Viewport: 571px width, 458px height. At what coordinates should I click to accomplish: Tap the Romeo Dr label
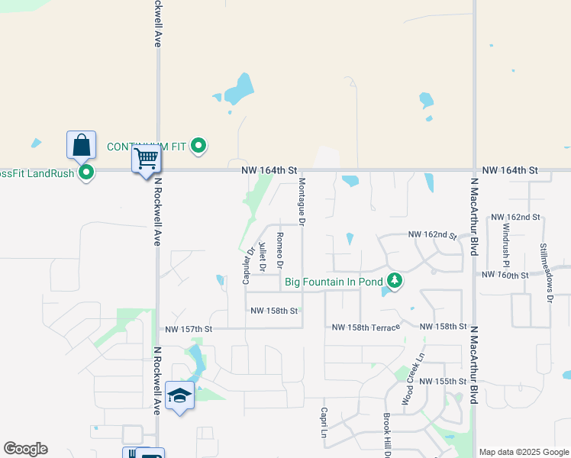click(280, 250)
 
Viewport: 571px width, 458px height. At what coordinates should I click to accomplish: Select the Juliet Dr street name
click(262, 257)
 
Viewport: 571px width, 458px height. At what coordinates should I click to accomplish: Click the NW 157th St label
click(189, 329)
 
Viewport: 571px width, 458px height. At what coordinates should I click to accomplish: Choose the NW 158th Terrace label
click(366, 327)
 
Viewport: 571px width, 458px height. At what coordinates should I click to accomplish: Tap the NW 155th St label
click(444, 381)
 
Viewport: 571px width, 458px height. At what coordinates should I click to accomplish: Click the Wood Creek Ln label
click(413, 379)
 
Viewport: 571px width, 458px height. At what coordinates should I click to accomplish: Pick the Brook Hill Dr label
click(387, 435)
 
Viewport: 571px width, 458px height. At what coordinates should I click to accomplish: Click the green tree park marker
click(394, 282)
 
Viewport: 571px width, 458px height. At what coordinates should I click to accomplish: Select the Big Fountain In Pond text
click(334, 282)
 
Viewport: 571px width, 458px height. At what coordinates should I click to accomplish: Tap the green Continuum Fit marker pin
click(199, 145)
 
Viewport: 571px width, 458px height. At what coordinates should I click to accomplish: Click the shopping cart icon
click(146, 160)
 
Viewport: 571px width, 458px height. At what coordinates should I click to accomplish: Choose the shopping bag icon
click(81, 144)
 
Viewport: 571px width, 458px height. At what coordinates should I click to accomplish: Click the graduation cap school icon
click(179, 395)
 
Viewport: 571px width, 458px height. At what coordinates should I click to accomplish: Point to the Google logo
click(25, 449)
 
